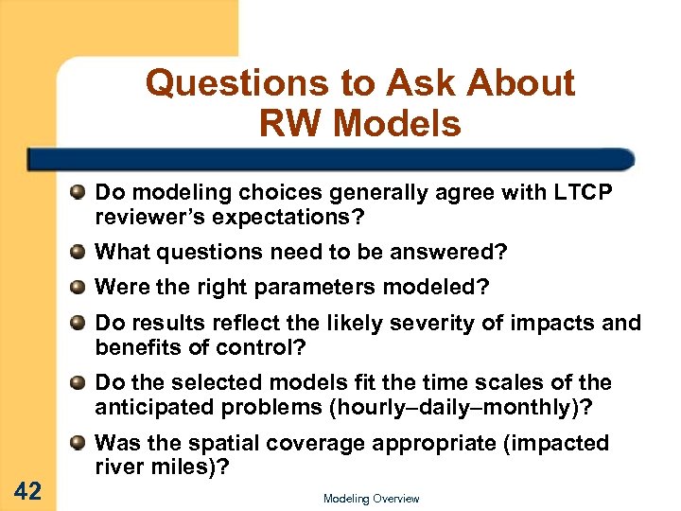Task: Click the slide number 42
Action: click(x=29, y=489)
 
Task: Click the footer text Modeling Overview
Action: click(x=371, y=499)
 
